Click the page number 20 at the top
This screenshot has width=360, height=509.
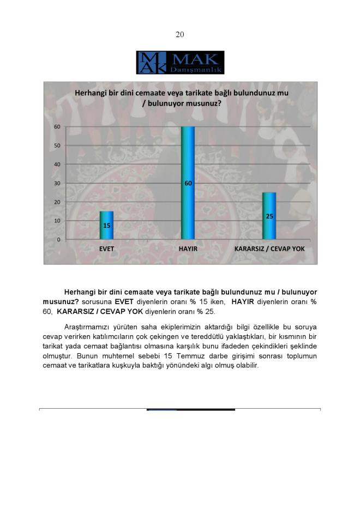click(180, 34)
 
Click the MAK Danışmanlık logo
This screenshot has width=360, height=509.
click(180, 63)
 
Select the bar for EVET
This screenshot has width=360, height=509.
click(106, 225)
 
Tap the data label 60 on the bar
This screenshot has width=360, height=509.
click(188, 184)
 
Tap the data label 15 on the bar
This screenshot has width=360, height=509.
click(106, 225)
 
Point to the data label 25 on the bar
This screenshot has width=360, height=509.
click(269, 216)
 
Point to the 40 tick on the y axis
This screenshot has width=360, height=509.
click(57, 165)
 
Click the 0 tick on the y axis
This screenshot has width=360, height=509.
click(58, 240)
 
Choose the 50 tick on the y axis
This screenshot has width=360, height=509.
click(57, 146)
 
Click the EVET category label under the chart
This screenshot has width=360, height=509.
click(106, 249)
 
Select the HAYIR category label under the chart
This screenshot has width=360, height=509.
click(188, 249)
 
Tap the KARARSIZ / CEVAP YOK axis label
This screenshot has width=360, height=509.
click(269, 249)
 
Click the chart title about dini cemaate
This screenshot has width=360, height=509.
click(181, 98)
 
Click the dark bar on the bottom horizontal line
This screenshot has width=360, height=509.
click(191, 409)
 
